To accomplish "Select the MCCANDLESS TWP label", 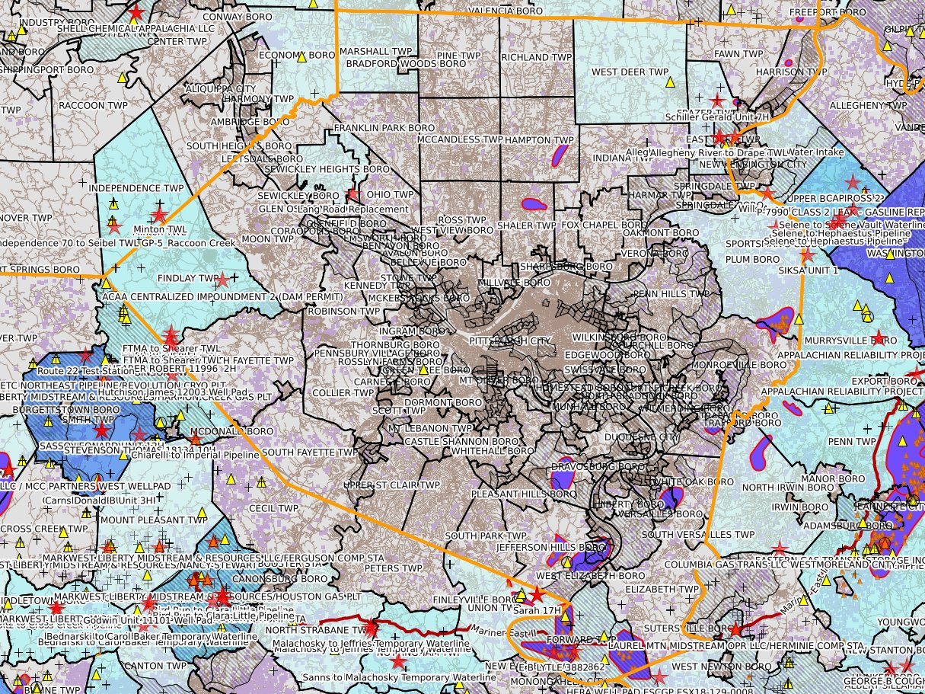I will point(460,140).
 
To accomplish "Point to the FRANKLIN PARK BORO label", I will point(374,128).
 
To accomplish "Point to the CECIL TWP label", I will point(277,507).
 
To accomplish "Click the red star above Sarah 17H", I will point(537,594).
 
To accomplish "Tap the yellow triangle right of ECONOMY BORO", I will point(301,56).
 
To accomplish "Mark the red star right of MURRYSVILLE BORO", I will point(879,337).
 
